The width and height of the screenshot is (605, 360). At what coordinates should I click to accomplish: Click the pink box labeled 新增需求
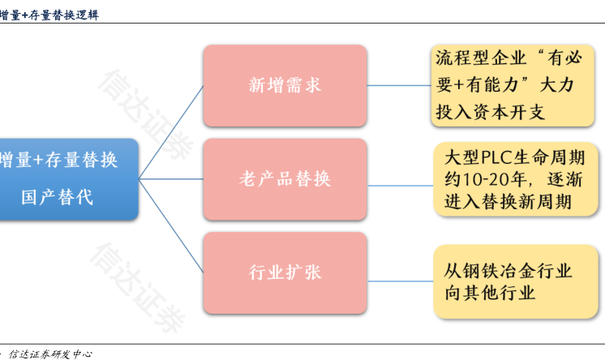(285, 85)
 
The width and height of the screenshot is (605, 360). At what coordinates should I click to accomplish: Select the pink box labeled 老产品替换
(285, 178)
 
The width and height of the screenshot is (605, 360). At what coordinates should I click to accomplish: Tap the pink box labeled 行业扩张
(285, 272)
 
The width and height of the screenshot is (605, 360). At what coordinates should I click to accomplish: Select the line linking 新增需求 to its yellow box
(398, 84)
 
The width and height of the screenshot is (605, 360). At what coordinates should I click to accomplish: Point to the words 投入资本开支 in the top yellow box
(491, 111)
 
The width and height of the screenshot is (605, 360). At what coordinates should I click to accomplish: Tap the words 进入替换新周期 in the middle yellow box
(508, 201)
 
